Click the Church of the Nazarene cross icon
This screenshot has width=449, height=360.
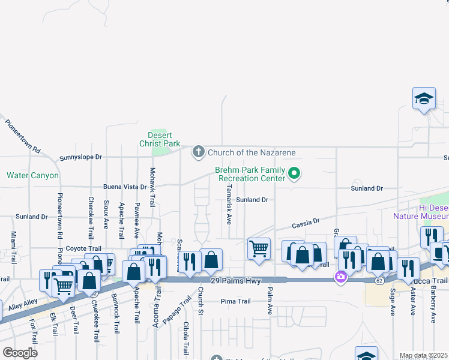pyautogui.click(x=199, y=152)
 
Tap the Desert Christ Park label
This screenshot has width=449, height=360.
pyautogui.click(x=160, y=140)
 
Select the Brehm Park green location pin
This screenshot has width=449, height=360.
pyautogui.click(x=294, y=174)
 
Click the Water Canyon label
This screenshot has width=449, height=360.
pyautogui.click(x=32, y=176)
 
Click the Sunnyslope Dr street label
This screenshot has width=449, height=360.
pyautogui.click(x=81, y=157)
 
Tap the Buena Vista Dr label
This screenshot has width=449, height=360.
pyautogui.click(x=125, y=187)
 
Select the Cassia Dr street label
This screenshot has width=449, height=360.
pyautogui.click(x=306, y=223)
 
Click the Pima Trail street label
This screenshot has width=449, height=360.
pyautogui.click(x=235, y=301)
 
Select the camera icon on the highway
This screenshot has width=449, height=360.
pyautogui.click(x=340, y=277)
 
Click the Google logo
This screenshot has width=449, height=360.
pyautogui.click(x=20, y=353)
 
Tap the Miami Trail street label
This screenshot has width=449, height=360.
pyautogui.click(x=13, y=247)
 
